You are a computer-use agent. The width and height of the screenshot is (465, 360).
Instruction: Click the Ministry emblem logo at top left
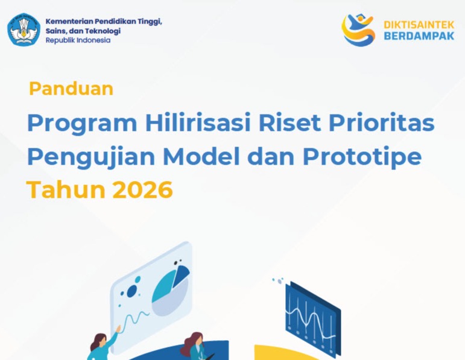(x=24, y=30)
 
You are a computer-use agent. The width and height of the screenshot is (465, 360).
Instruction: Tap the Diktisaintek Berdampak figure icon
(x=358, y=30)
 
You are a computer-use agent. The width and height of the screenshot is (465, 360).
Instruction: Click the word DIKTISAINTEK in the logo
(x=419, y=24)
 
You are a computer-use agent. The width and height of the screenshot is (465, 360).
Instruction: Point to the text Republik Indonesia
(x=78, y=40)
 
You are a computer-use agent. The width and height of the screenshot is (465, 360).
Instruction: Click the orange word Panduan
(x=71, y=89)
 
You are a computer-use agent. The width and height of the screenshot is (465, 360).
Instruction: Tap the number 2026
(x=142, y=190)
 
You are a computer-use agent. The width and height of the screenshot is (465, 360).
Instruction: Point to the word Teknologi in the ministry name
(x=102, y=31)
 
